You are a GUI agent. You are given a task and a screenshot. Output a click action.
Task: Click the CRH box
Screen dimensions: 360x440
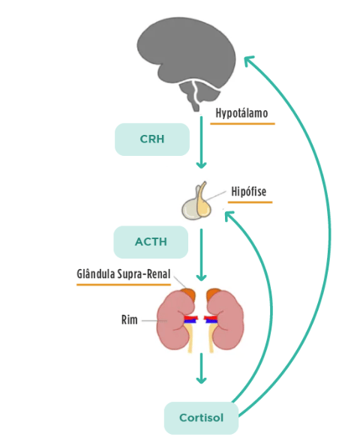(x=152, y=139)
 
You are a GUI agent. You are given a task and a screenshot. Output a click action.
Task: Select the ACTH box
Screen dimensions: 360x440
(x=151, y=242)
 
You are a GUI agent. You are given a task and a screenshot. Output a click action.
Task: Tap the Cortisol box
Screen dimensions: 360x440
(x=201, y=418)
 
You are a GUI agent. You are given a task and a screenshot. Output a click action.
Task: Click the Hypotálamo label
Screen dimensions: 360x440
(x=241, y=113)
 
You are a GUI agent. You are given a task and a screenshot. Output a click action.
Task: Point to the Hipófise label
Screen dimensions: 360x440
(x=249, y=191)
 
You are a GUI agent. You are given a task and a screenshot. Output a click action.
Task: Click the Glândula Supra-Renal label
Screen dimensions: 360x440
(x=124, y=274)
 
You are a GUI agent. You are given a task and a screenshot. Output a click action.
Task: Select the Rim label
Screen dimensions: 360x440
(x=130, y=320)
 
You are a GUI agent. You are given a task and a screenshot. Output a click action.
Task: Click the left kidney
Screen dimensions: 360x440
(x=175, y=320)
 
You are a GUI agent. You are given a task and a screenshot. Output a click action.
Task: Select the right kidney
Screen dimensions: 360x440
(x=225, y=320)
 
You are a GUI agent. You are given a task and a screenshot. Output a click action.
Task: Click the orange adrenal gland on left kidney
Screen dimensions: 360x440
(x=188, y=295)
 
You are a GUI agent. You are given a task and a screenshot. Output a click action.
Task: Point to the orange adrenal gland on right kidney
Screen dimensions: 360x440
(x=214, y=294)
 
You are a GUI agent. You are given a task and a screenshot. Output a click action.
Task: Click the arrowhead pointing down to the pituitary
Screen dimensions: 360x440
(x=201, y=165)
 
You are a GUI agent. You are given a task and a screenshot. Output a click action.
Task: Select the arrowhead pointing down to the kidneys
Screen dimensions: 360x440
(x=201, y=277)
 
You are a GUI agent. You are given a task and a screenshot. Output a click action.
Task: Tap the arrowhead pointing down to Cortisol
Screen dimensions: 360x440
(x=201, y=380)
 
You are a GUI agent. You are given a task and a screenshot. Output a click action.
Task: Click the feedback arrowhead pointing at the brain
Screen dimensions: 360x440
(x=248, y=60)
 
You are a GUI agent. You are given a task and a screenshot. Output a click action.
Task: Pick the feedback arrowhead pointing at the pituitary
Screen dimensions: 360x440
(x=229, y=216)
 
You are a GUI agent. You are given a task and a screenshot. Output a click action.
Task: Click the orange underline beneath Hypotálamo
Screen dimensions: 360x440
(x=242, y=124)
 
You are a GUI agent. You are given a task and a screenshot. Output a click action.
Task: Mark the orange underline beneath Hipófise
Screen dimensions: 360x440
(x=250, y=202)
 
